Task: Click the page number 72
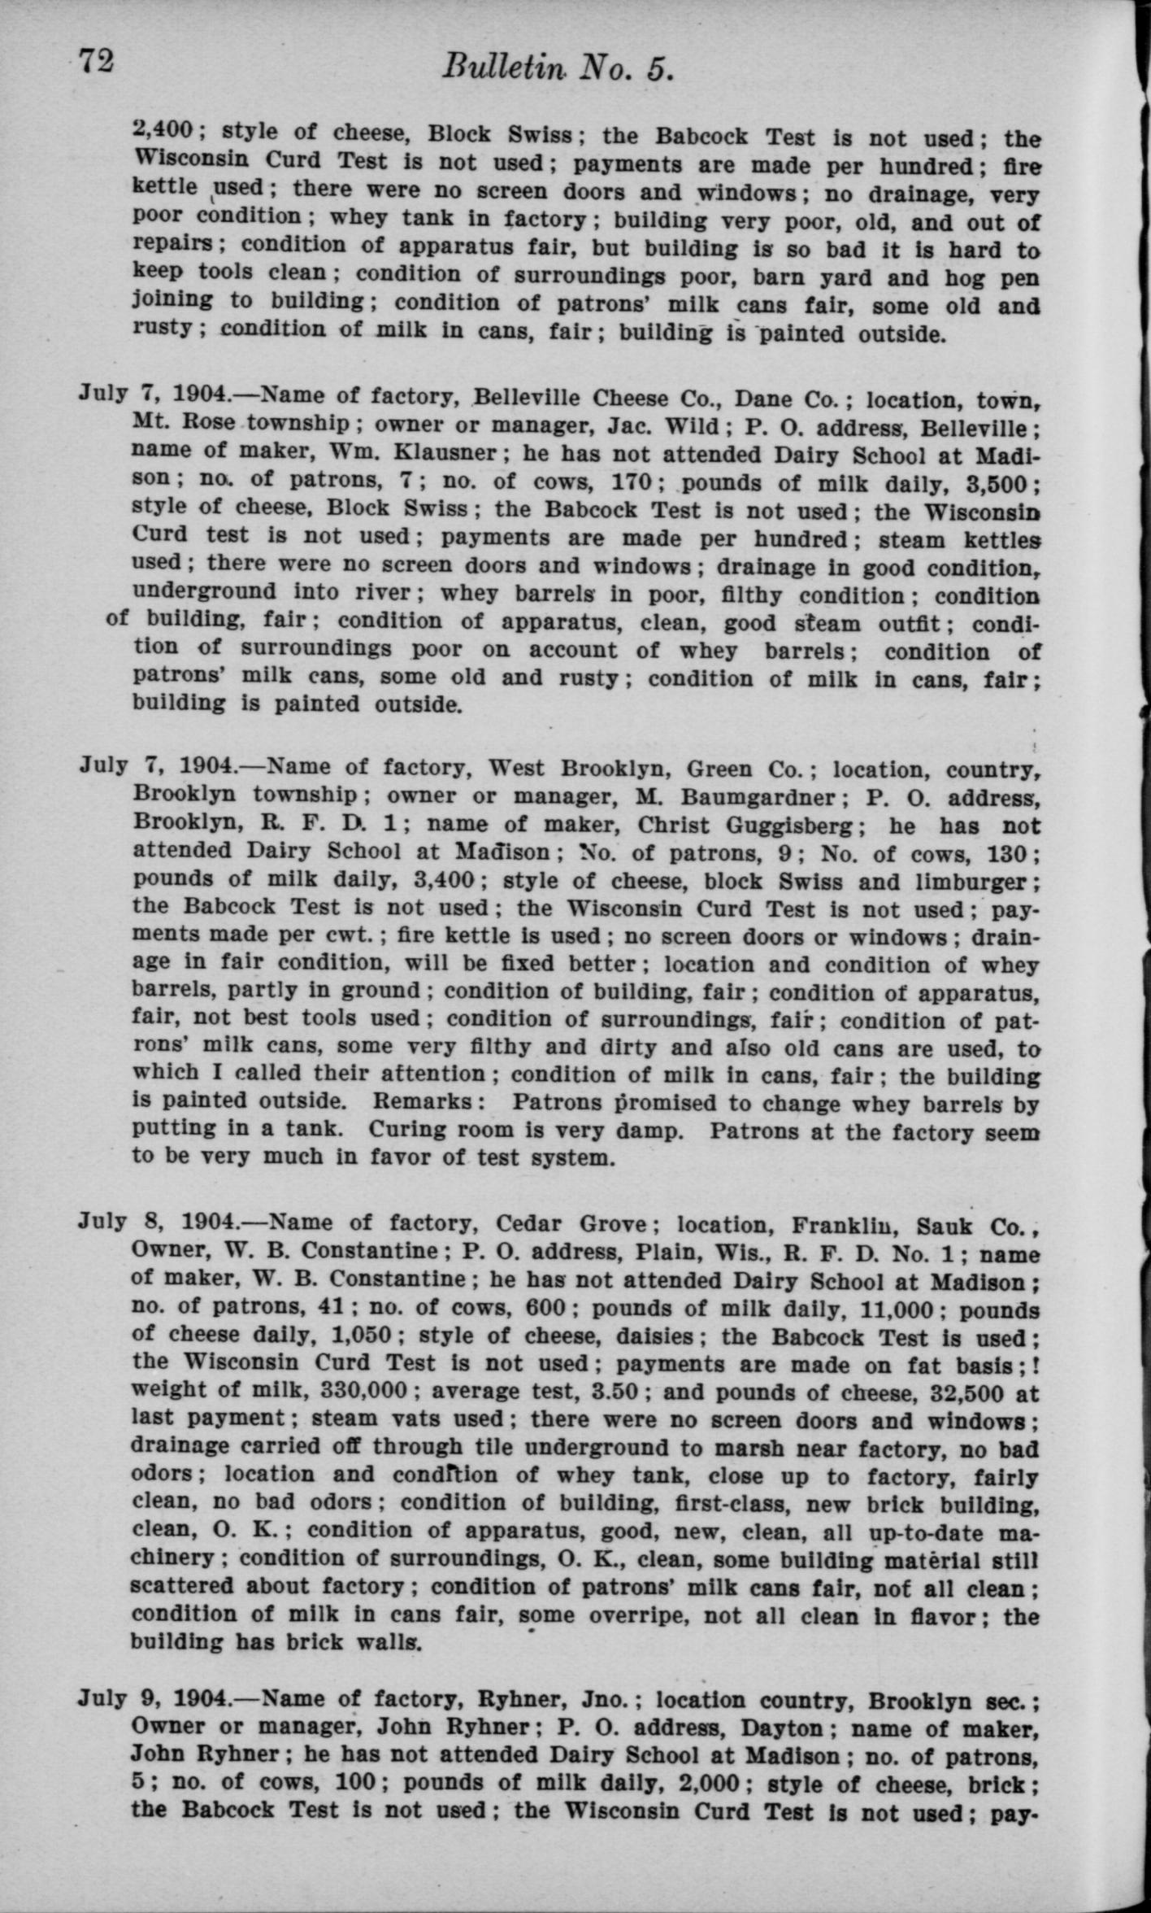[x=96, y=61]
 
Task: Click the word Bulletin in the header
[x=502, y=68]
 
